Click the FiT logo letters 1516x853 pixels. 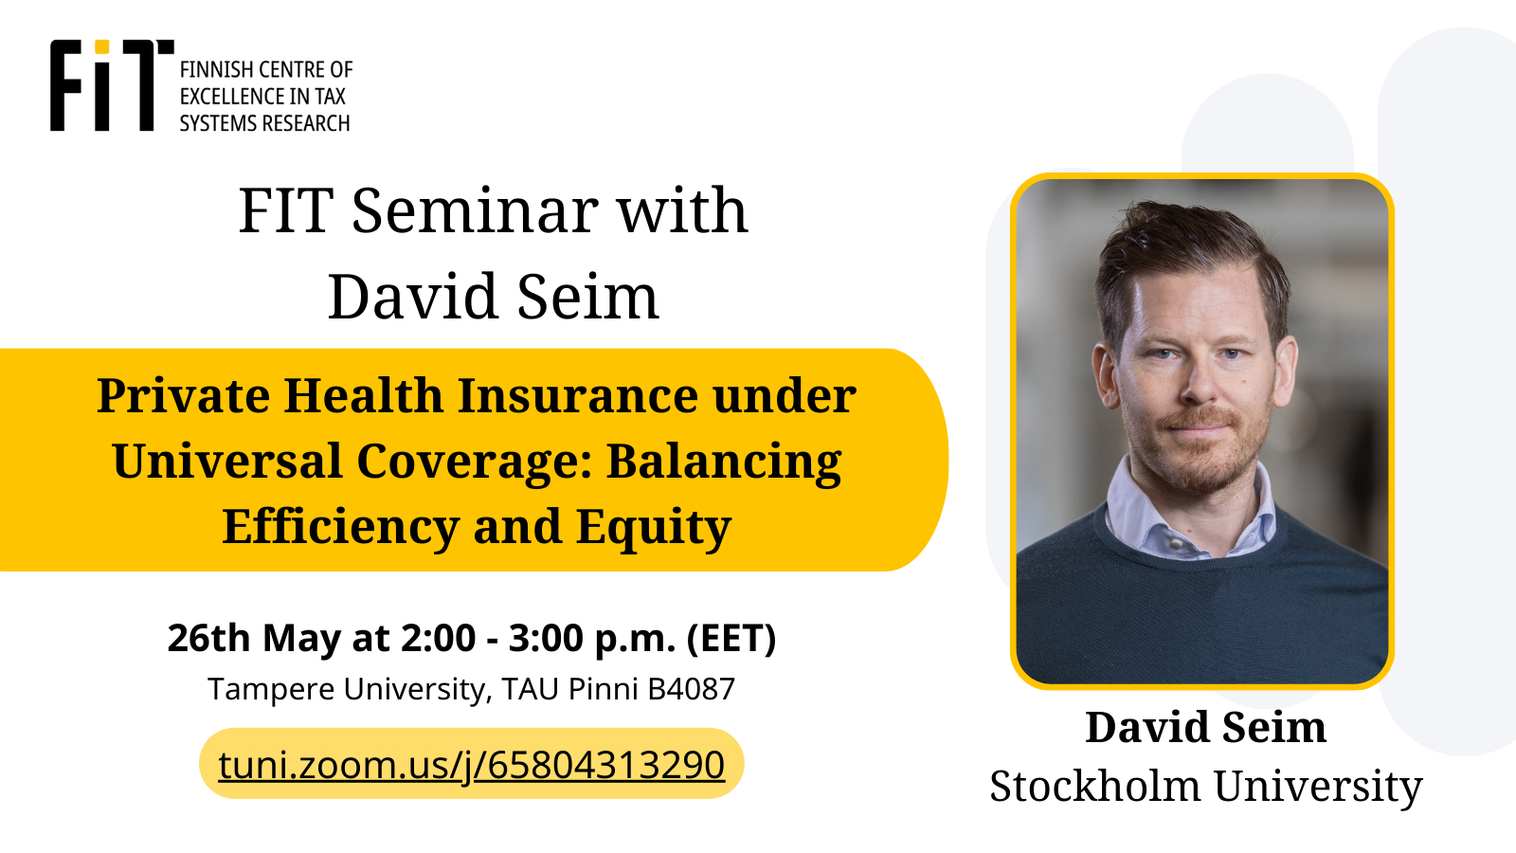tap(112, 85)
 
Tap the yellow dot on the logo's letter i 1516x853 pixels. tap(101, 46)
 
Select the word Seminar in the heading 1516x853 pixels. tap(475, 210)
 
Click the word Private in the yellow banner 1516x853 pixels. tap(183, 395)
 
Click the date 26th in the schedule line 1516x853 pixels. tap(208, 638)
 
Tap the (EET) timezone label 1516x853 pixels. tap(731, 639)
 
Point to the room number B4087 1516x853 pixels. tap(691, 689)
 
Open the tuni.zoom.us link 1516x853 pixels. tap(471, 765)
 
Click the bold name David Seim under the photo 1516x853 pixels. tap(1205, 728)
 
